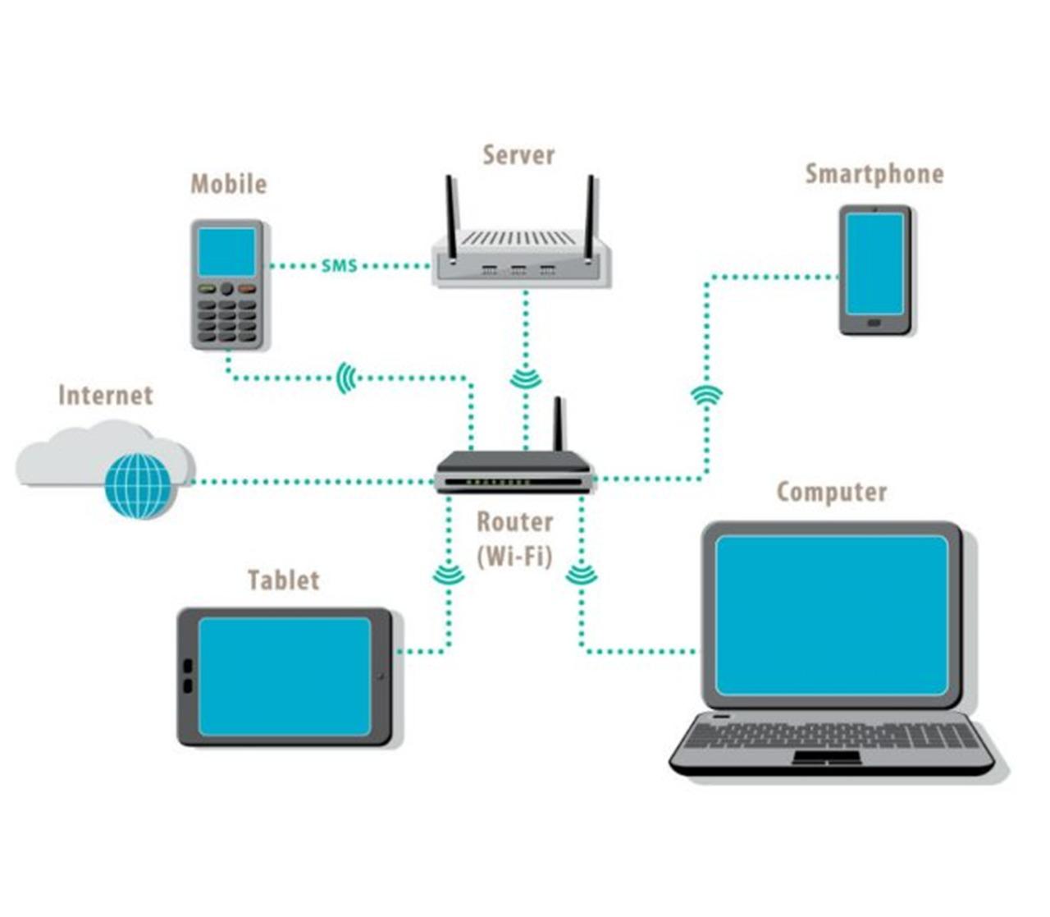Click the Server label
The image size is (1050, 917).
[x=518, y=155]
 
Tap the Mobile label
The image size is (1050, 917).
[x=229, y=184]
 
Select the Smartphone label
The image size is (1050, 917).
[x=874, y=174]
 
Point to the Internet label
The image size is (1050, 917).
[x=106, y=396]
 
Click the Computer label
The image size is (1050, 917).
[x=832, y=492]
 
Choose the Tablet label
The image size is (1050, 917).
[x=284, y=580]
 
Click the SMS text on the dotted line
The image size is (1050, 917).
[x=340, y=266]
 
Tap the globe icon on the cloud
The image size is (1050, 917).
[x=138, y=485]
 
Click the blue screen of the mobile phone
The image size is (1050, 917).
[x=227, y=252]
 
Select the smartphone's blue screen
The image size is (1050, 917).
[x=874, y=264]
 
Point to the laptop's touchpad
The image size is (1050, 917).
[x=826, y=757]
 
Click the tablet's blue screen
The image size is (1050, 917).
[x=285, y=676]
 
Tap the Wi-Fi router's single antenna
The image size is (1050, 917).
[x=559, y=424]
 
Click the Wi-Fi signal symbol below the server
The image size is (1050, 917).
[x=525, y=378]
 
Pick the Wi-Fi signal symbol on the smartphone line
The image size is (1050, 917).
[x=706, y=396]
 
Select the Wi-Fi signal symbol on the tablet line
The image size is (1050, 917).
[x=448, y=575]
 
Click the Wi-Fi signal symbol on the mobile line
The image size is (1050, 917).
[x=347, y=378]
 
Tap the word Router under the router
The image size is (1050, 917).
[x=514, y=522]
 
